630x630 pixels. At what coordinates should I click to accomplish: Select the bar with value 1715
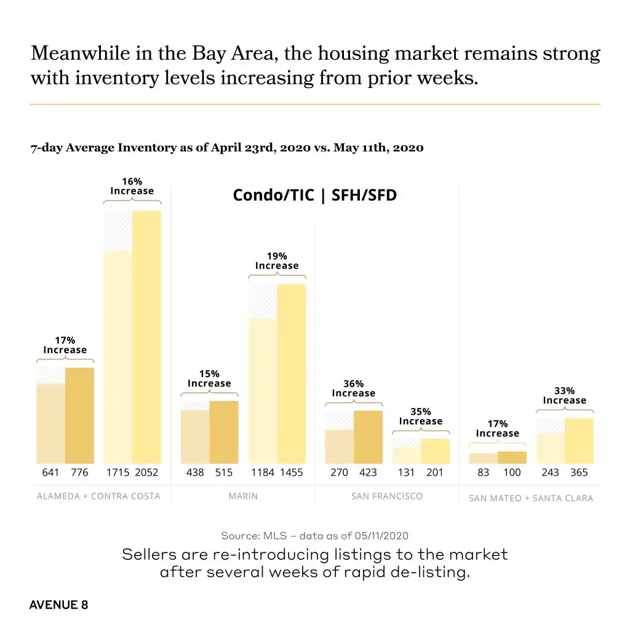(118, 357)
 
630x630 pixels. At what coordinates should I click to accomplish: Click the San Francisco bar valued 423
(368, 437)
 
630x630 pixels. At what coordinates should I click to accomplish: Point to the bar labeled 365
(579, 441)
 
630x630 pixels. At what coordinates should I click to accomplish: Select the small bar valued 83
(483, 458)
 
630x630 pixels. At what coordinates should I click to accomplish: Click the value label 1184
(262, 472)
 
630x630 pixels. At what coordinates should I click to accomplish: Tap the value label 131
(405, 472)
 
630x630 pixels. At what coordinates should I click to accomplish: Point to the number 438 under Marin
(195, 472)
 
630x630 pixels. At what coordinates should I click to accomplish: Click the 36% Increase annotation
(353, 388)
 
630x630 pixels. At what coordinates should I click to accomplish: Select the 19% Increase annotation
(277, 261)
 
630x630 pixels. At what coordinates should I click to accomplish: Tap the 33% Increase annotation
(564, 396)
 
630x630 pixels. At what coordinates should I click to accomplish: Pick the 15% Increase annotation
(209, 378)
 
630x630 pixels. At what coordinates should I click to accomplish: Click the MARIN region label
(243, 496)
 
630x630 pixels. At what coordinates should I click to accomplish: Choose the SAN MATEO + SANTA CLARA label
(531, 498)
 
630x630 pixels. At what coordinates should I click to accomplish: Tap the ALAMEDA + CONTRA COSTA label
(98, 496)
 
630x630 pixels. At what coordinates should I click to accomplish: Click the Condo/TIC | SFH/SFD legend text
(314, 196)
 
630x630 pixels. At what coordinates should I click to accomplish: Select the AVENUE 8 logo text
(58, 605)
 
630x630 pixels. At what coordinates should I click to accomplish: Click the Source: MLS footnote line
(314, 535)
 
